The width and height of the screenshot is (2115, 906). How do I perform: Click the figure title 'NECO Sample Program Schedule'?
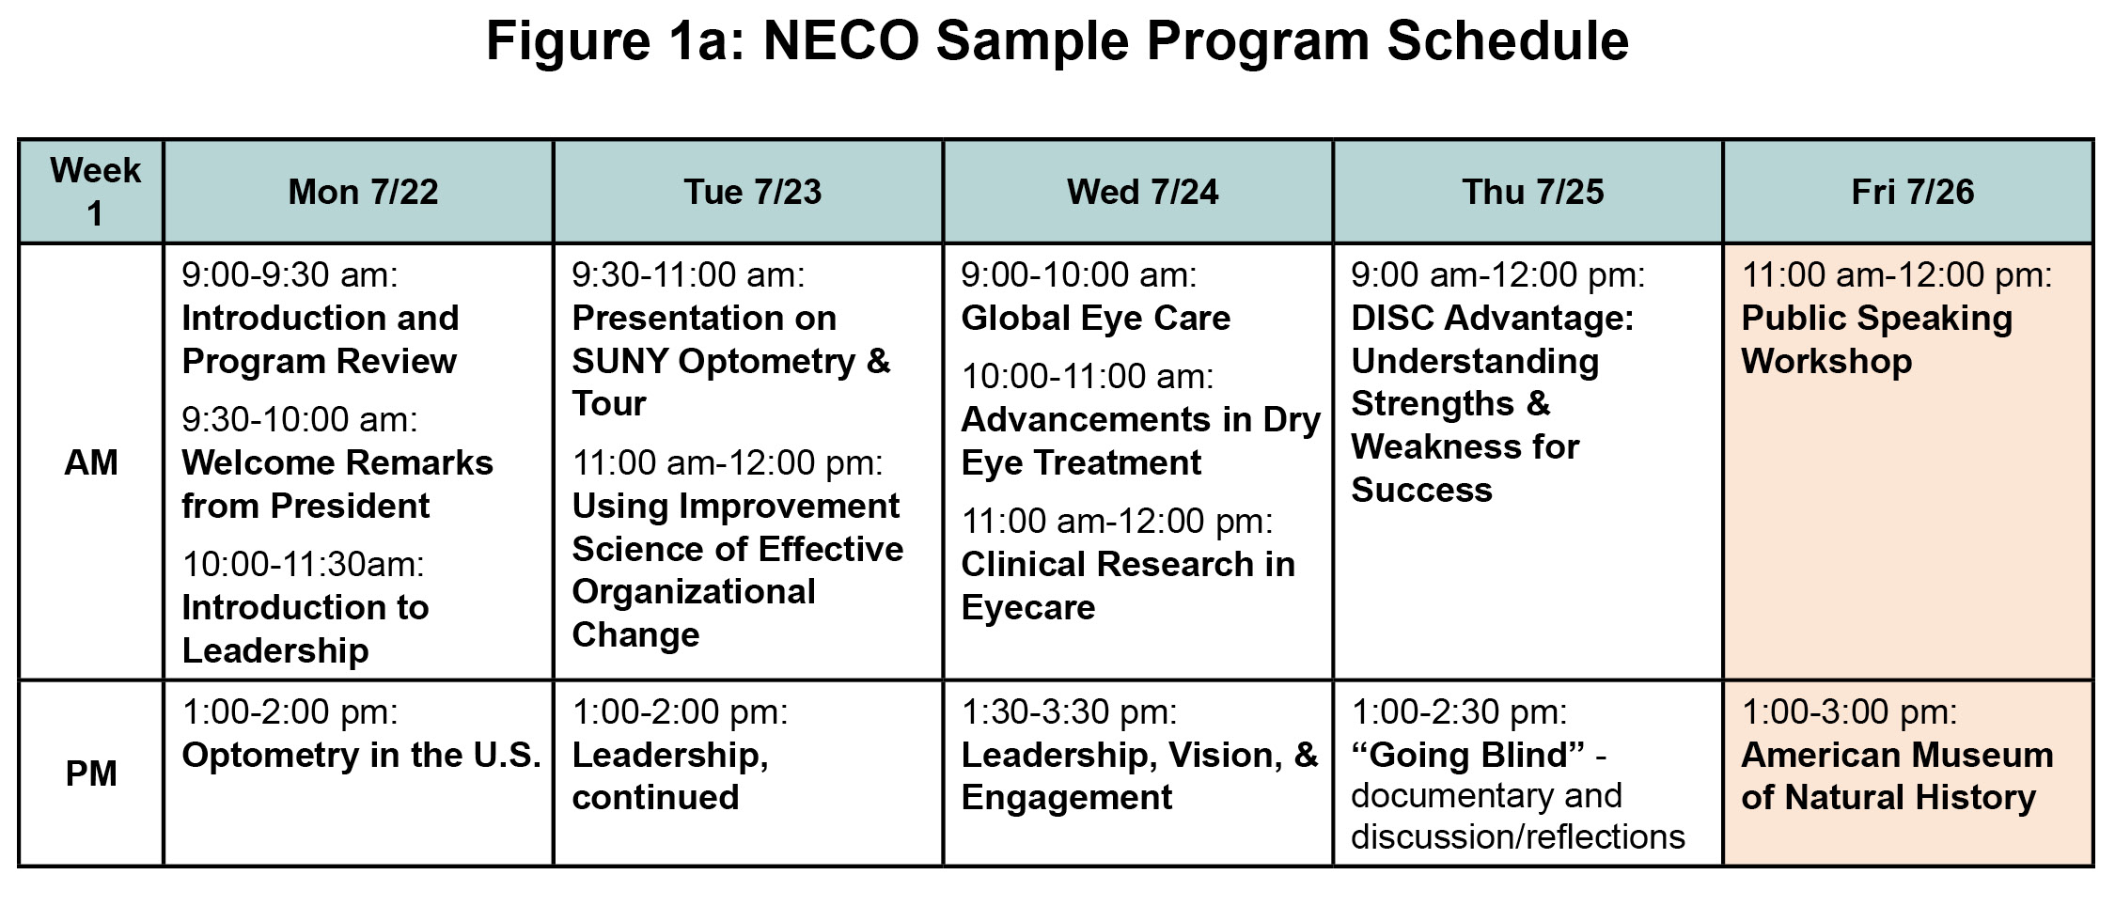1196,40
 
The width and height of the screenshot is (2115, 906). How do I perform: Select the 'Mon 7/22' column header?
363,192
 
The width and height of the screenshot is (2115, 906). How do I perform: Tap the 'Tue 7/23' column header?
752,192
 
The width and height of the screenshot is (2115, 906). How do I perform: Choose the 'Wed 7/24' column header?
1142,192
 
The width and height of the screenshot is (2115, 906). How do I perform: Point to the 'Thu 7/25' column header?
1532,192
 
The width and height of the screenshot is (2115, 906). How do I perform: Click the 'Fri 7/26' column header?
1912,192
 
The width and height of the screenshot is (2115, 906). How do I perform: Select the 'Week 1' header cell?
95,192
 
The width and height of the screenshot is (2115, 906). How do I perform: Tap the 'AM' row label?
91,462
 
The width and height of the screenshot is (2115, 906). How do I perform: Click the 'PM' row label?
91,773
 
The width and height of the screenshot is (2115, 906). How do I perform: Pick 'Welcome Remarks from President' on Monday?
337,484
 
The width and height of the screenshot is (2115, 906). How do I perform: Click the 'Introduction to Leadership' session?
305,629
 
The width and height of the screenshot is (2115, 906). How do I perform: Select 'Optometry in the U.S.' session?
362,755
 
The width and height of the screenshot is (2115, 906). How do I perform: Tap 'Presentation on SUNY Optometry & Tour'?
731,361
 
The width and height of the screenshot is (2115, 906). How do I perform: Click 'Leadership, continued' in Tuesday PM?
670,776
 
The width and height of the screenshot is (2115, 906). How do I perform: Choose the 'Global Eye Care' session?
1095,318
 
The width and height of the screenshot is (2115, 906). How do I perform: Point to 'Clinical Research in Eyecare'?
1128,586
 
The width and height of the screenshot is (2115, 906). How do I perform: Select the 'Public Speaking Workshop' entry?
1877,339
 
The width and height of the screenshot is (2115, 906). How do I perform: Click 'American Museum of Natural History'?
1897,776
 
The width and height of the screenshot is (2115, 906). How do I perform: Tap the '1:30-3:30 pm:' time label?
1069,711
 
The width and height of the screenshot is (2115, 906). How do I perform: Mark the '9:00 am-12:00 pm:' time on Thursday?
1498,274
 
